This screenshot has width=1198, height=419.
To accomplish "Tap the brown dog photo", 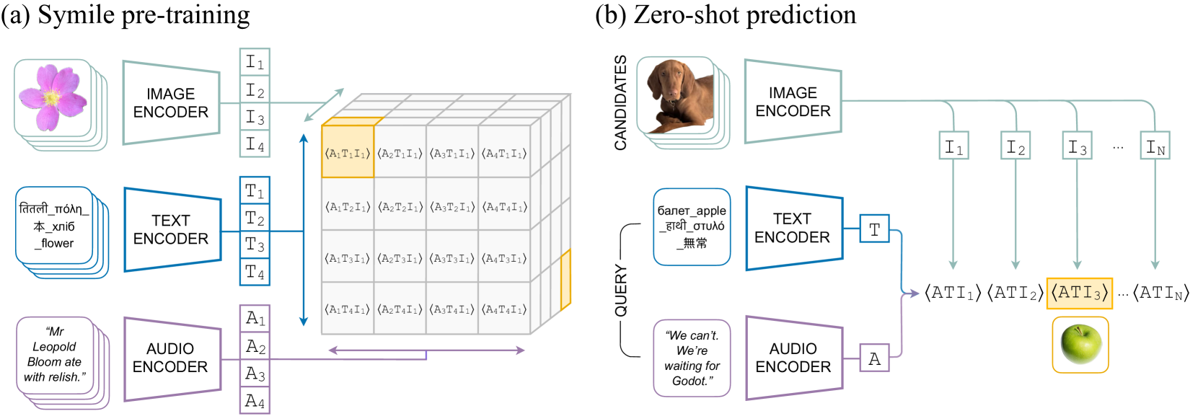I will pyautogui.click(x=678, y=96).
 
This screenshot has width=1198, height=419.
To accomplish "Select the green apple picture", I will pyautogui.click(x=1080, y=344).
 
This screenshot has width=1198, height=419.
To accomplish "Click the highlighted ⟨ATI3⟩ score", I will pyautogui.click(x=1079, y=293).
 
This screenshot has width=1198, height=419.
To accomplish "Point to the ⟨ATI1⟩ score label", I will pyautogui.click(x=953, y=293).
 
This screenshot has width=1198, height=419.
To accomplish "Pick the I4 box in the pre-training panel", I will pyautogui.click(x=255, y=144).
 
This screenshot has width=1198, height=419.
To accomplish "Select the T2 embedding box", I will pyautogui.click(x=255, y=218).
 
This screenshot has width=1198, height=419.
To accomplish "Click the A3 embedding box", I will pyautogui.click(x=255, y=374).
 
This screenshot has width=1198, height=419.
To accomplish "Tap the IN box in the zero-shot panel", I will pyautogui.click(x=1155, y=146).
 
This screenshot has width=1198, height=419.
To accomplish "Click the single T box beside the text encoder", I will pyautogui.click(x=874, y=229).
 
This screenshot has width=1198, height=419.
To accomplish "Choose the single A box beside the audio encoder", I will pyautogui.click(x=874, y=358).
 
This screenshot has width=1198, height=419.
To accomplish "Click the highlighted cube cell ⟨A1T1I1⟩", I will pyautogui.click(x=348, y=153).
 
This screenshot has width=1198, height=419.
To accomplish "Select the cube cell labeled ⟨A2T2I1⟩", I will pyautogui.click(x=400, y=206).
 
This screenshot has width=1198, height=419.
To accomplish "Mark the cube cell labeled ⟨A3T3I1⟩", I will pyautogui.click(x=452, y=258).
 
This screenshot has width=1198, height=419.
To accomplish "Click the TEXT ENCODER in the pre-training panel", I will pyautogui.click(x=171, y=229).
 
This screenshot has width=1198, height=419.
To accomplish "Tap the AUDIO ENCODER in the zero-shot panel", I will pyautogui.click(x=793, y=358).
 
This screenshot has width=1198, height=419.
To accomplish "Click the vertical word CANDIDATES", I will pyautogui.click(x=620, y=102).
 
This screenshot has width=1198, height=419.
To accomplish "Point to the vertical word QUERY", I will pyautogui.click(x=620, y=291).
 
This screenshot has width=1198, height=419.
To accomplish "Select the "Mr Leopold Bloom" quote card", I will pyautogui.click(x=55, y=355).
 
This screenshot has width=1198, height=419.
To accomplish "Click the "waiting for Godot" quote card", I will pyautogui.click(x=692, y=358).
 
